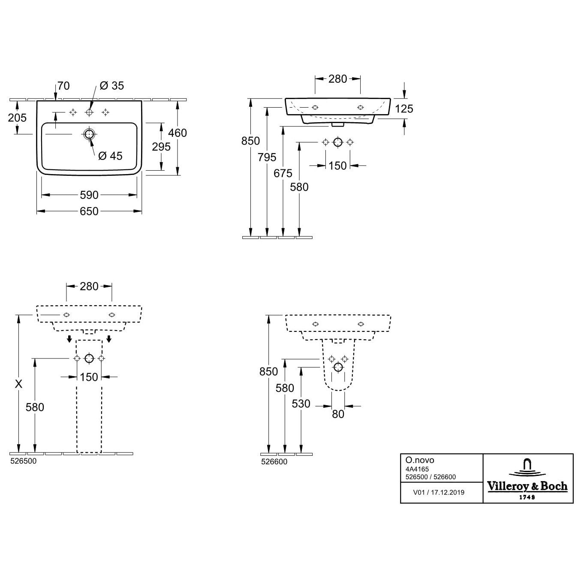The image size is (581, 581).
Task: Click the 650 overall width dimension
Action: (x=89, y=211)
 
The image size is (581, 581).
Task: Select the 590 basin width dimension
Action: (x=89, y=195)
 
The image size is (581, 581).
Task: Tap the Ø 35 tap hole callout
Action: (x=111, y=86)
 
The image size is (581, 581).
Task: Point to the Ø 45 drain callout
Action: (x=110, y=156)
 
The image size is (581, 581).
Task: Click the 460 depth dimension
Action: (x=178, y=133)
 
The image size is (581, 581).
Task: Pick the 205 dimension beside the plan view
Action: (x=18, y=117)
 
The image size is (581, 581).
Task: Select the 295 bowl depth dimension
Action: (x=161, y=147)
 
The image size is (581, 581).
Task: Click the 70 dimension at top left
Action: (x=63, y=86)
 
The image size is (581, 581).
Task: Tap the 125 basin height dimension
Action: (x=404, y=109)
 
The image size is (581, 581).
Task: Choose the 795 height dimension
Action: (x=267, y=157)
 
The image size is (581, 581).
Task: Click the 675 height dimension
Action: (x=283, y=173)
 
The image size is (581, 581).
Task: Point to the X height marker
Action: (x=19, y=384)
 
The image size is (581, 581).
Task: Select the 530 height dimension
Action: (x=301, y=404)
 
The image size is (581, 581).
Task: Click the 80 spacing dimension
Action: (x=338, y=414)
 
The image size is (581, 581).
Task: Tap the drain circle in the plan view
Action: (x=89, y=134)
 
